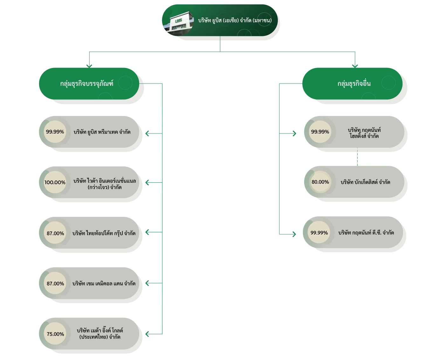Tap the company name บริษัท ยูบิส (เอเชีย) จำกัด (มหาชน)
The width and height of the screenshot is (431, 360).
[235, 20]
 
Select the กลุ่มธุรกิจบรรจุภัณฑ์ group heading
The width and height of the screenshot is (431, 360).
[86, 84]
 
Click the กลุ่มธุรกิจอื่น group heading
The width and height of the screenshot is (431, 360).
[354, 84]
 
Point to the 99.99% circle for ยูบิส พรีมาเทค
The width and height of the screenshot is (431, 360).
[55, 132]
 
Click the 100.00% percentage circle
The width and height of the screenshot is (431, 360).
[55, 182]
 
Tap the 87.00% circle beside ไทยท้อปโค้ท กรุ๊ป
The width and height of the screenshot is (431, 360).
[55, 233]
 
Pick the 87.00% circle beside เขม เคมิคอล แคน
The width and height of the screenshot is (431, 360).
[55, 283]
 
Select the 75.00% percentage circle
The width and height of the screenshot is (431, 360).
[55, 334]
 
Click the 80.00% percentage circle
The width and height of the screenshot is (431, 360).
[320, 182]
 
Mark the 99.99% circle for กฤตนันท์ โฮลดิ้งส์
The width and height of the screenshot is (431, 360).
[320, 132]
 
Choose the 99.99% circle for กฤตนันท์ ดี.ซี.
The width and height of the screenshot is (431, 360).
[319, 233]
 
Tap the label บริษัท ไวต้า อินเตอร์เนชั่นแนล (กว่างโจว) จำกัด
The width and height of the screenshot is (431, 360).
[105, 184]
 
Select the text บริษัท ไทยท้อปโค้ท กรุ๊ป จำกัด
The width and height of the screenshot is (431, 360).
[104, 233]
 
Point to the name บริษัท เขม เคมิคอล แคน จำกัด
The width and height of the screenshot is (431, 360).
[104, 283]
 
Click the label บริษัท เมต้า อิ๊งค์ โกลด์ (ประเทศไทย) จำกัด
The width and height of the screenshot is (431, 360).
[100, 334]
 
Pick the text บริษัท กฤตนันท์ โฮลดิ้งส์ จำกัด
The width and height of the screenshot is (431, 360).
[364, 133]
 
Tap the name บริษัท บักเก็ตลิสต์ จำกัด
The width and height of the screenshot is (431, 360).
[366, 182]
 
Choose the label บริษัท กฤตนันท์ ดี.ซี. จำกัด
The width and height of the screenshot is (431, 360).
[366, 233]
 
